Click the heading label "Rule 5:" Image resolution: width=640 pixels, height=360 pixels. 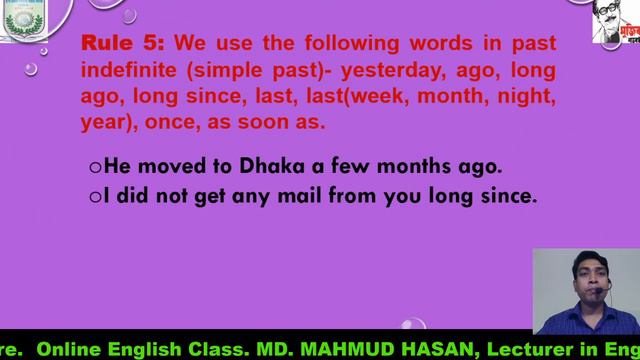[x=123, y=45]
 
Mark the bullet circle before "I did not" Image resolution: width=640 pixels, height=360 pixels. [x=95, y=197]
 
